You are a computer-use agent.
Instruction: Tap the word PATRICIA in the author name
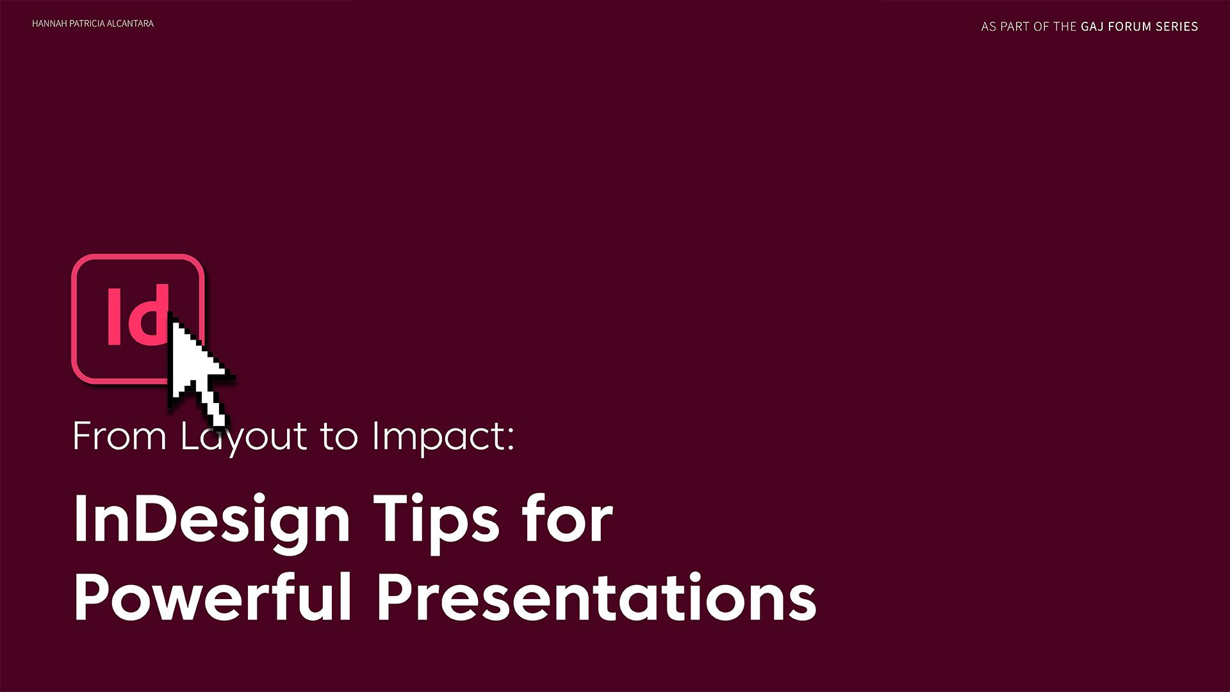(86, 24)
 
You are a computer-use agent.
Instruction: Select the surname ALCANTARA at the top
(130, 24)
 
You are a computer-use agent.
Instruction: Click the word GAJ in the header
(1092, 27)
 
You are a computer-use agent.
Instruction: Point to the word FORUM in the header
(1130, 27)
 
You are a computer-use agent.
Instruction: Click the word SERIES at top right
(1177, 27)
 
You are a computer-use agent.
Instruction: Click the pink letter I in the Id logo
(114, 316)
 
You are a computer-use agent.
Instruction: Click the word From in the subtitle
(120, 437)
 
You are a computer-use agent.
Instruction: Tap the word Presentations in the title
(596, 597)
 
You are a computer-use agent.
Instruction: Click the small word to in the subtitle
(338, 437)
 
